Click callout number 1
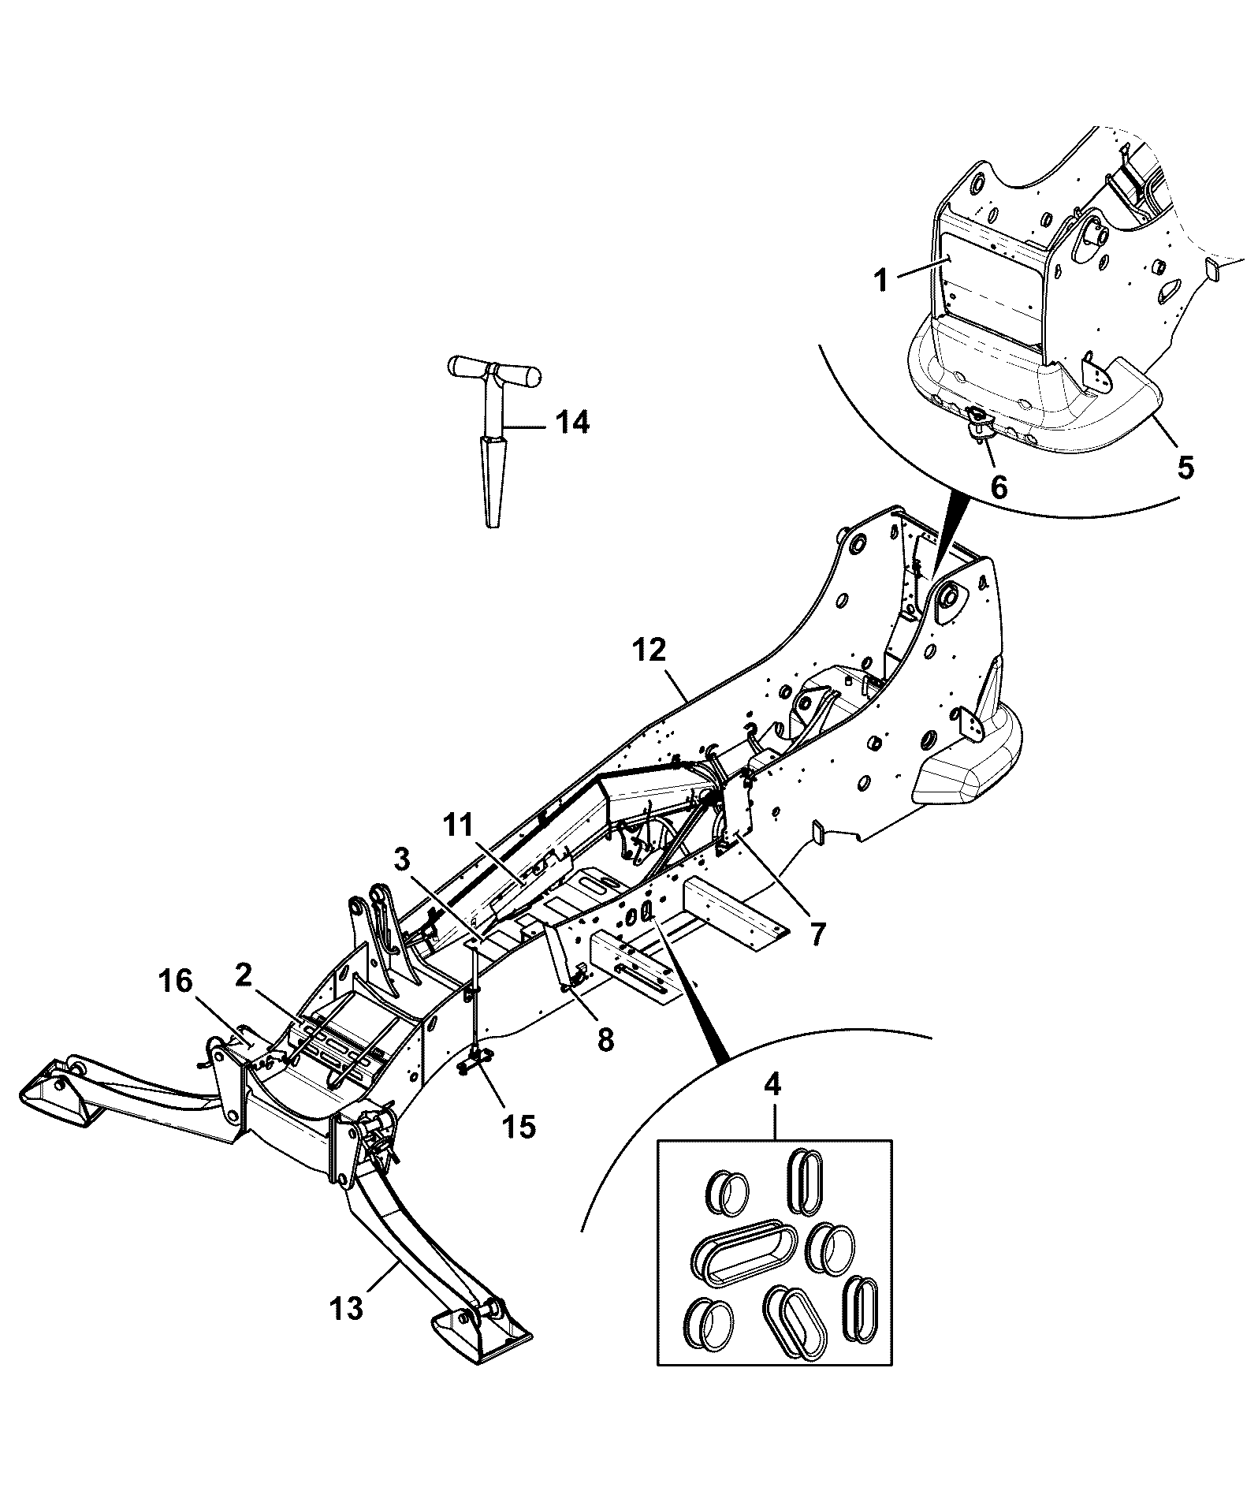[x=883, y=280]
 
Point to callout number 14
[x=573, y=423]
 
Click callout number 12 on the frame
[x=649, y=650]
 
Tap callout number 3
[x=402, y=859]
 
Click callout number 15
[x=520, y=1125]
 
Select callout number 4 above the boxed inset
[x=772, y=1084]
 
